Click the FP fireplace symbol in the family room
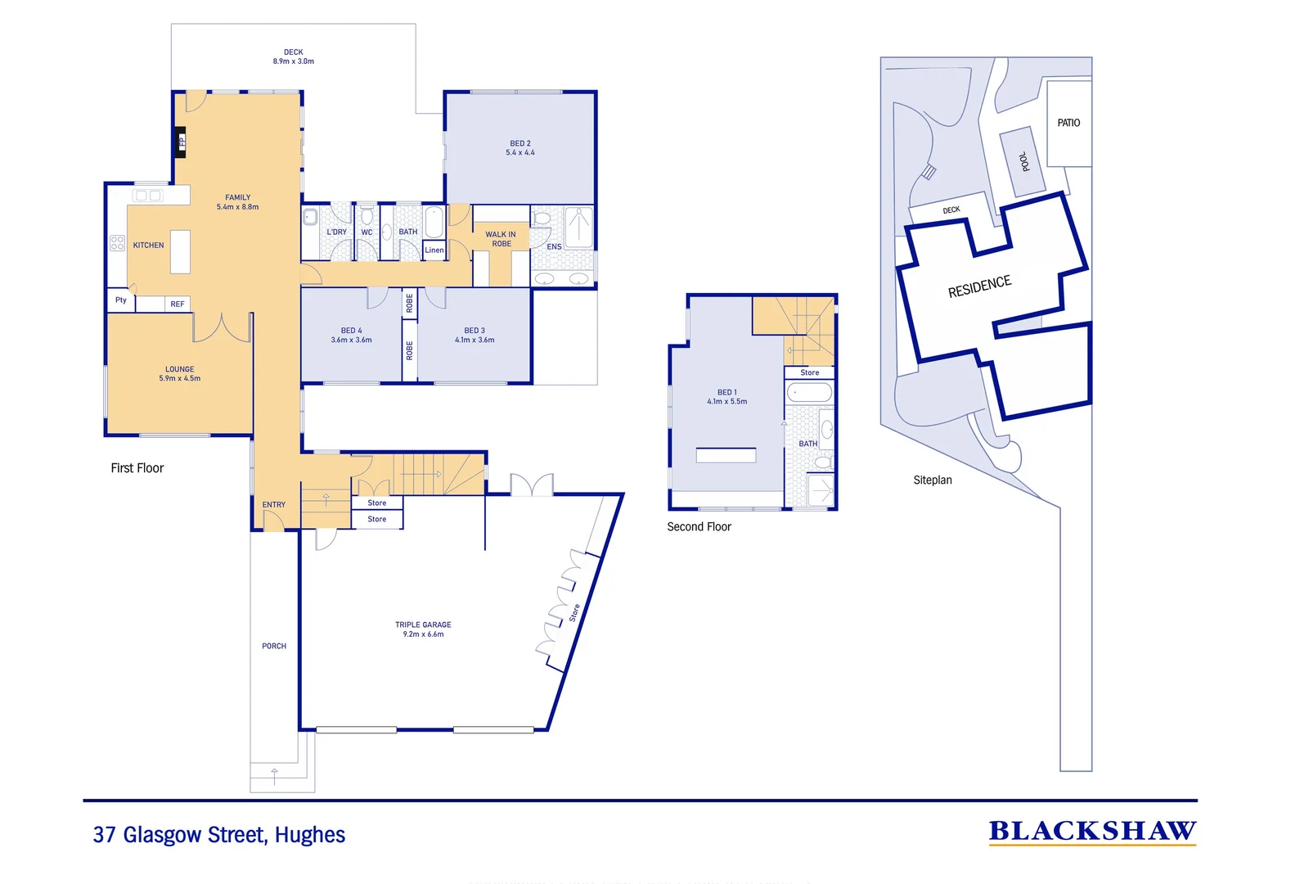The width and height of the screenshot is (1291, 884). [x=180, y=142]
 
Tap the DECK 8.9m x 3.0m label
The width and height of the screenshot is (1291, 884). [x=294, y=56]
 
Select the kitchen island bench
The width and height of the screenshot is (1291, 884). [x=180, y=251]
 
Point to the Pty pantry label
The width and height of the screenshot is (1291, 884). [x=121, y=300]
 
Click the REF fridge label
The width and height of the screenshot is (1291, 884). [x=178, y=304]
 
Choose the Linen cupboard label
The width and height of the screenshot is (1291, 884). [x=434, y=250]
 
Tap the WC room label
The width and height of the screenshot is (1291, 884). [x=367, y=232]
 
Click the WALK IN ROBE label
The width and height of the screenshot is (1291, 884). [x=500, y=239]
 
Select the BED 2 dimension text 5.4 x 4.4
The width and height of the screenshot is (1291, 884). [x=520, y=153]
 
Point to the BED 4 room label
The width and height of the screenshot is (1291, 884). [x=352, y=331]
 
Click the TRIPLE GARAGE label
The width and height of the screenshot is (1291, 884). [x=423, y=625]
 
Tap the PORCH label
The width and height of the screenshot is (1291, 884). [x=274, y=646]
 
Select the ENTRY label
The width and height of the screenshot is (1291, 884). [x=274, y=504]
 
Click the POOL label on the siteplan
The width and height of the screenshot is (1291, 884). [x=1024, y=161]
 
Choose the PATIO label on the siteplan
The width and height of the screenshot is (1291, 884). [x=1068, y=123]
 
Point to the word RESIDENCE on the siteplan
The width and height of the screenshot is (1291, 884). [x=980, y=286]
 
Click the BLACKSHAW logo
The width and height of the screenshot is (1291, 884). [x=1093, y=832]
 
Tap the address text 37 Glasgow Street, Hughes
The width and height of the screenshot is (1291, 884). [x=219, y=834]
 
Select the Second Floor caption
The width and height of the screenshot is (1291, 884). [x=699, y=526]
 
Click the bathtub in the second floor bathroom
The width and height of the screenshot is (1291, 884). [x=810, y=393]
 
